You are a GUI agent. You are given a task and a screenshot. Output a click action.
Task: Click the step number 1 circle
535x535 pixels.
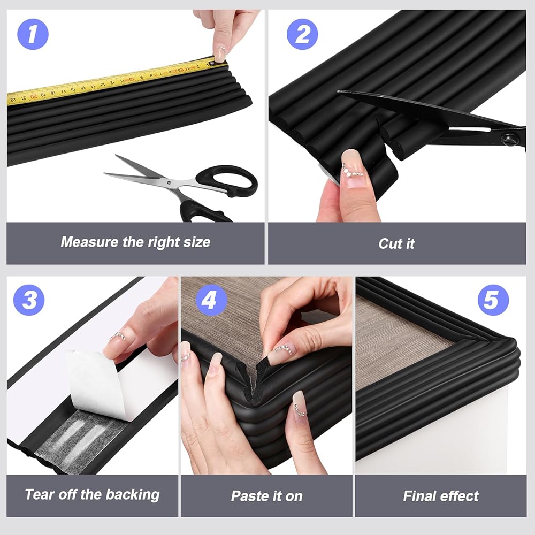(33, 34)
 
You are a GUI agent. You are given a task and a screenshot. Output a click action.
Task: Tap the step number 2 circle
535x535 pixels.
(302, 34)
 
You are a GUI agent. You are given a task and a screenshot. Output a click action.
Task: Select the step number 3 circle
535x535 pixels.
(29, 300)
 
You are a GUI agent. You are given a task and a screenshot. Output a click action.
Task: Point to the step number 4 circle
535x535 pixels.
(211, 300)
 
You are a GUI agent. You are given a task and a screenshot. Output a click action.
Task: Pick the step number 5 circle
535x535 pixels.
(493, 300)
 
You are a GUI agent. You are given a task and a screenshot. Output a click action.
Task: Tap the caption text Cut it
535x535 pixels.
(396, 243)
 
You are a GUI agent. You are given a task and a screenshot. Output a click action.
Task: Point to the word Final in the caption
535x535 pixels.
(419, 496)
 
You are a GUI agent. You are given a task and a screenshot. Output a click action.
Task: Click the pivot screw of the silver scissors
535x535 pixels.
(168, 182)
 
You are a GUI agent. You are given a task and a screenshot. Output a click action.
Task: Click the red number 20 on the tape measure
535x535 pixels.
(33, 96)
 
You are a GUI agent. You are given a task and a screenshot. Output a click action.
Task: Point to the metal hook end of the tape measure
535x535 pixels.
(212, 63)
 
